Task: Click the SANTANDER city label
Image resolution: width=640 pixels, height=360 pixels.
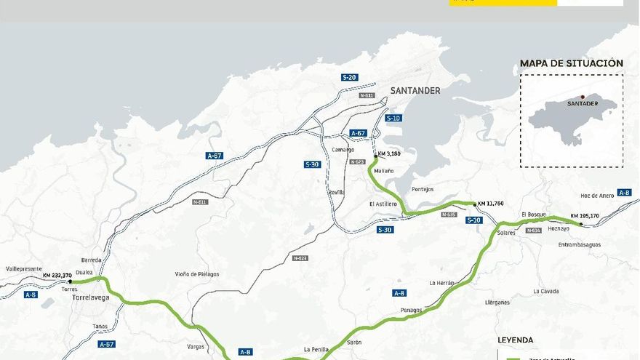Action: click(x=415, y=90)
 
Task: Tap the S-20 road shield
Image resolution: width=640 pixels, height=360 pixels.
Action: click(x=350, y=77)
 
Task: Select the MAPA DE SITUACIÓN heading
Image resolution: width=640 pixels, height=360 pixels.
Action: click(x=572, y=63)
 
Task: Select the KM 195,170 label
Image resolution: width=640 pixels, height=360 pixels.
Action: click(x=585, y=215)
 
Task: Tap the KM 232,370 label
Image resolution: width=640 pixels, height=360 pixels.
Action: click(x=57, y=275)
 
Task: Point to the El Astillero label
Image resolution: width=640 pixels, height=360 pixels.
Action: click(x=383, y=204)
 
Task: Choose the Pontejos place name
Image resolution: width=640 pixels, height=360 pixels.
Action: click(x=423, y=189)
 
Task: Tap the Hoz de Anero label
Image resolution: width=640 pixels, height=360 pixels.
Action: click(x=597, y=195)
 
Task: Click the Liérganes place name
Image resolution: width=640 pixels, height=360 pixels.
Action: click(x=498, y=301)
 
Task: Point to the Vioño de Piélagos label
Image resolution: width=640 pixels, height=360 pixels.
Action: click(x=196, y=273)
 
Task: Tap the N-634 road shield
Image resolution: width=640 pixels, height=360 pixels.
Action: click(x=532, y=231)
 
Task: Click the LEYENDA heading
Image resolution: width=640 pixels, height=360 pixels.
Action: click(x=515, y=340)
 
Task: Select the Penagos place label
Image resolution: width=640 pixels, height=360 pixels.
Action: click(x=411, y=310)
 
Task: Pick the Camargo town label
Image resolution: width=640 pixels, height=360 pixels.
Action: click(x=343, y=150)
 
